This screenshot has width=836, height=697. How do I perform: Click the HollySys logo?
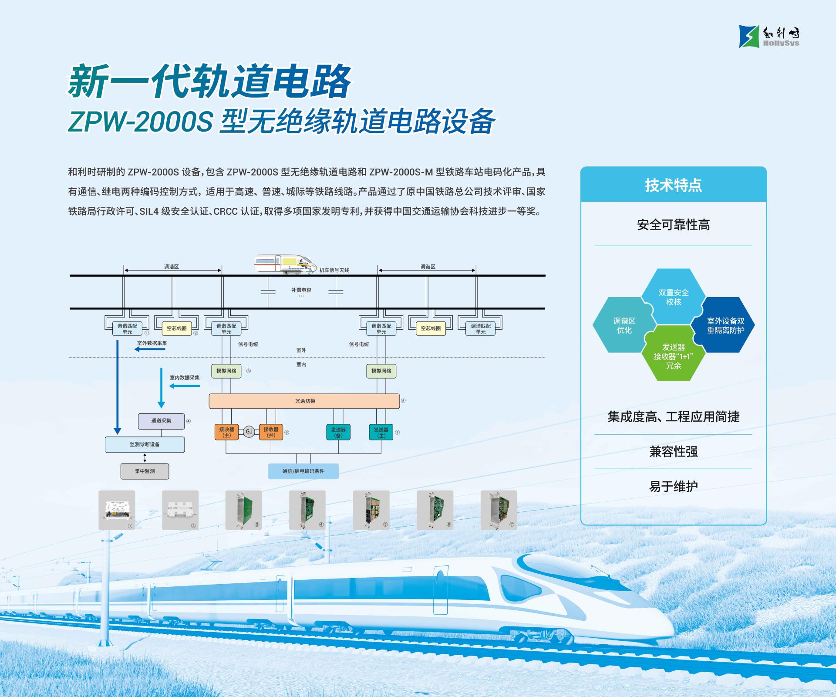point(769,36)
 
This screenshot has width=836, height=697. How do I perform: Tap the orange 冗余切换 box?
point(304,401)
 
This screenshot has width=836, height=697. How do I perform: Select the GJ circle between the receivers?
point(249,432)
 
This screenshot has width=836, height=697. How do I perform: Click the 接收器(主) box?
point(226,432)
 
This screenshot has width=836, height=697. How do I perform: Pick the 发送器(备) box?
point(338,432)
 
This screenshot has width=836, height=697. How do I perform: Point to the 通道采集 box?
point(161,421)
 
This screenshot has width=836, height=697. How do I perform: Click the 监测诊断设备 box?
point(145,444)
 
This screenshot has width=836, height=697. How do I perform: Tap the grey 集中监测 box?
point(145,471)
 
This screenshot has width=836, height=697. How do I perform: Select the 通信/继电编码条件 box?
point(303,471)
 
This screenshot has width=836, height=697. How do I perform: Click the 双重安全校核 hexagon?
point(673,297)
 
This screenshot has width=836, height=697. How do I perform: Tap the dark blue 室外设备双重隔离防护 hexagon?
point(725,325)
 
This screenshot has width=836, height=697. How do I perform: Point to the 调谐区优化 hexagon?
point(624,325)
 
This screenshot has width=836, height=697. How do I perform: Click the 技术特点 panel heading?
point(673,185)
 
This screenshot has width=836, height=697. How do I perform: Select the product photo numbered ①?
point(117,510)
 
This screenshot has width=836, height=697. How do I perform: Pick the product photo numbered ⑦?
point(499,510)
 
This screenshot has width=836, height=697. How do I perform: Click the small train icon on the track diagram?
point(286,264)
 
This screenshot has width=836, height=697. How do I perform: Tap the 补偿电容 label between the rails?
point(301,290)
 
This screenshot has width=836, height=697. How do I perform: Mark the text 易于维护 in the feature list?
point(673,486)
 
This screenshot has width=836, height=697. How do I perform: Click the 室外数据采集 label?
point(152,343)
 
